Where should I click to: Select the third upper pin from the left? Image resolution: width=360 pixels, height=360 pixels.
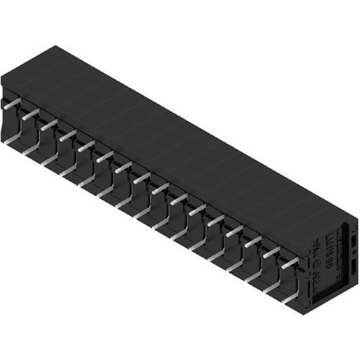tap(48, 124)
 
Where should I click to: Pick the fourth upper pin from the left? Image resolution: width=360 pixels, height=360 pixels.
tap(67, 134)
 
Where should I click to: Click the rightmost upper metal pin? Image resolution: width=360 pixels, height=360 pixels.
tap(289, 264)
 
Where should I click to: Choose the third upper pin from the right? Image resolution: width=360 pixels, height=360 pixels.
tap(252, 243)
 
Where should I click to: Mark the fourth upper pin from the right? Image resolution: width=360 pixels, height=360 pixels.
tap(233, 232)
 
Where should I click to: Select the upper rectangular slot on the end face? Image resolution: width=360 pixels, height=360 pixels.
tap(354, 240)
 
